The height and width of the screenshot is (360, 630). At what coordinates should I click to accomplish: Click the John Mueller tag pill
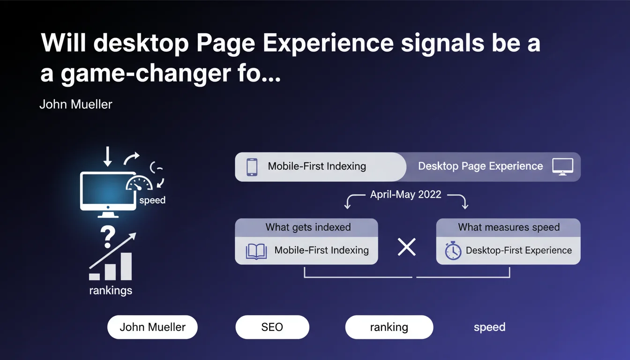coord(152,327)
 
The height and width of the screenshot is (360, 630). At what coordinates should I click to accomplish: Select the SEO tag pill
coord(272,327)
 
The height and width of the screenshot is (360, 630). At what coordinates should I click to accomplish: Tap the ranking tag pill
coord(389,327)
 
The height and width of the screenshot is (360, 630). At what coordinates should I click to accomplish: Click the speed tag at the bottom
coord(490,327)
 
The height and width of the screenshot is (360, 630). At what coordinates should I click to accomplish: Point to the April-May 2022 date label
coord(405,195)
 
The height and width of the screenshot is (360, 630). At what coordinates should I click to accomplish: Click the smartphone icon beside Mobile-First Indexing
coord(252,167)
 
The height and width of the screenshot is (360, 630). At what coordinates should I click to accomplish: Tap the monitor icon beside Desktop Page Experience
coord(562,167)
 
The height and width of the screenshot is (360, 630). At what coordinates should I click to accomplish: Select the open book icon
coord(256,251)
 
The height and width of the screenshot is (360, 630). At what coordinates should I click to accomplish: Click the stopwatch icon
coord(453,250)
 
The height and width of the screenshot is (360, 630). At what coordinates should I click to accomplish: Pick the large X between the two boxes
coord(407,247)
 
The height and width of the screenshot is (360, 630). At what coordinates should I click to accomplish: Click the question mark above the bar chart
coord(108,237)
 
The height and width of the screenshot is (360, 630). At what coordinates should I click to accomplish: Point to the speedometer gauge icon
coord(139,183)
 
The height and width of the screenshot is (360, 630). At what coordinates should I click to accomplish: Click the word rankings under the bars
coord(111,291)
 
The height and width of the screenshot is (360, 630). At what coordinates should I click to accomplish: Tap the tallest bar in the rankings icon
coord(126,266)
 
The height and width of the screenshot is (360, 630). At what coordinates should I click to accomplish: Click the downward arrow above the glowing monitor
coord(107,157)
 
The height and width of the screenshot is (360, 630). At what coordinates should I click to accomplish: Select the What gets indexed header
coord(308,227)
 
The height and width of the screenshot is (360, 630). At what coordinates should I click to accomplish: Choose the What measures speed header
coord(509,227)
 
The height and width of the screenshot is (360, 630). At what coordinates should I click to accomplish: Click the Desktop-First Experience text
coord(518,250)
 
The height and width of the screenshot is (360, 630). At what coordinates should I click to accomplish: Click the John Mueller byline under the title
coord(75,105)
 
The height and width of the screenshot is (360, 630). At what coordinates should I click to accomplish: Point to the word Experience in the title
coord(328,43)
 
